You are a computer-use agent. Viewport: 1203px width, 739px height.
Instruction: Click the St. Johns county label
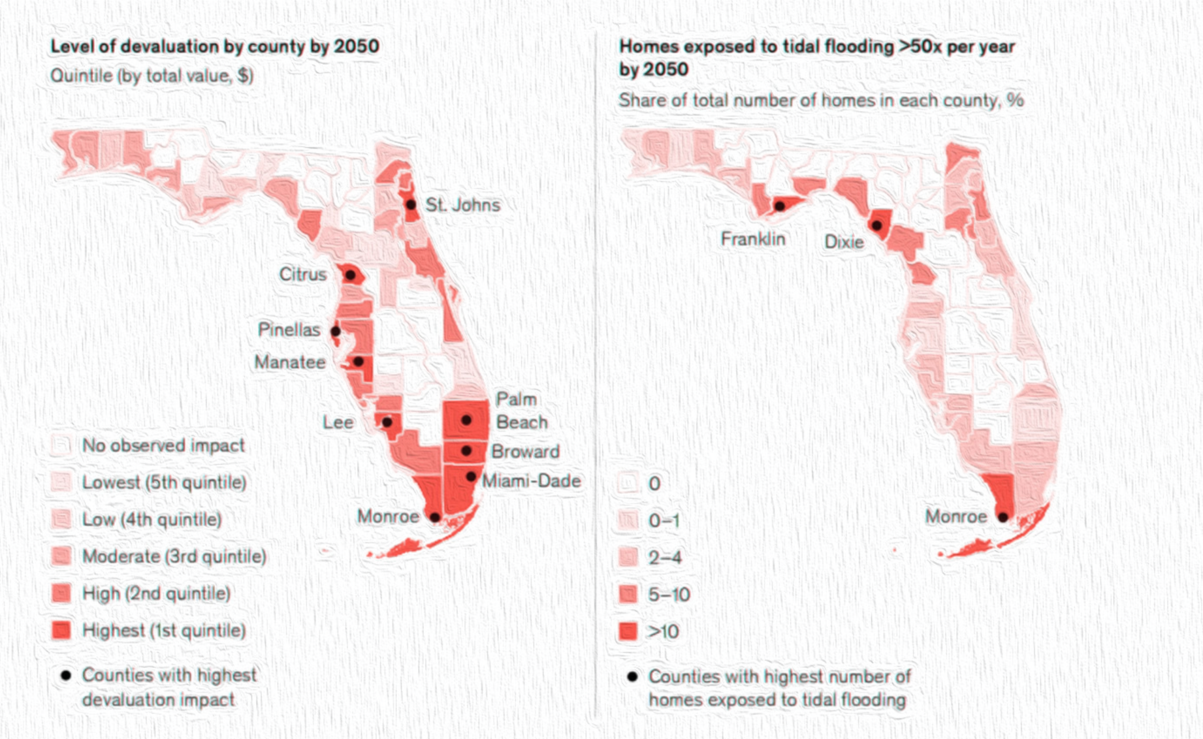point(462,205)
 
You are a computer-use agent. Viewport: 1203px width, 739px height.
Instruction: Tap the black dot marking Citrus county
point(350,275)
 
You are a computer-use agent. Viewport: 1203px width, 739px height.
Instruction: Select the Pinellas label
point(289,330)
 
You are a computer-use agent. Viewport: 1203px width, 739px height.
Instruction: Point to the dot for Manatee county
point(359,361)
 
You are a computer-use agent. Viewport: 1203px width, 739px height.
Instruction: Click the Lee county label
point(338,422)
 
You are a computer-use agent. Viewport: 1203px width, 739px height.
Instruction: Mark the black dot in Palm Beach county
point(466,420)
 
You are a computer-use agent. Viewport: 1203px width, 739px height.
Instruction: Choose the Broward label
point(525,451)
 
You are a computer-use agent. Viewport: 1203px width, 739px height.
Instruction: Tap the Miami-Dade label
point(531,481)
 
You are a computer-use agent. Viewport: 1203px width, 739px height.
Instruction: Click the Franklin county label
point(752,239)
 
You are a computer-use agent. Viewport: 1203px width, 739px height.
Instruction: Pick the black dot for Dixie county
point(877,225)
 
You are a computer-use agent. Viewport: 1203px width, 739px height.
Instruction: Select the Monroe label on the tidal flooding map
point(955,516)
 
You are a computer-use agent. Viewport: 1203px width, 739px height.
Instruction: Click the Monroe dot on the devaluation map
point(435,517)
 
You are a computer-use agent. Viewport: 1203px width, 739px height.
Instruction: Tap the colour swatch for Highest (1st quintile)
point(61,631)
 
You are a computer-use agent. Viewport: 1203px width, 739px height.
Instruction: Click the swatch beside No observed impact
point(61,446)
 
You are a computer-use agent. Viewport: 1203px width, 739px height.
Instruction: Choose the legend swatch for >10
point(628,631)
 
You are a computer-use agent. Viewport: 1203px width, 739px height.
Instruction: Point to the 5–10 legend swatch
point(628,594)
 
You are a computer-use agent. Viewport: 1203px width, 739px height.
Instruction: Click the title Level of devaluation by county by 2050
point(215,46)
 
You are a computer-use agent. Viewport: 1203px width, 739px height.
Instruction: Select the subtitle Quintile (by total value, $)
point(152,76)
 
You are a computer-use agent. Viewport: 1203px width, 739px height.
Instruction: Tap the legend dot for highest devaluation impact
point(66,675)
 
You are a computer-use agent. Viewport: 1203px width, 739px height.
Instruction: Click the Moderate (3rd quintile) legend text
point(174,557)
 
